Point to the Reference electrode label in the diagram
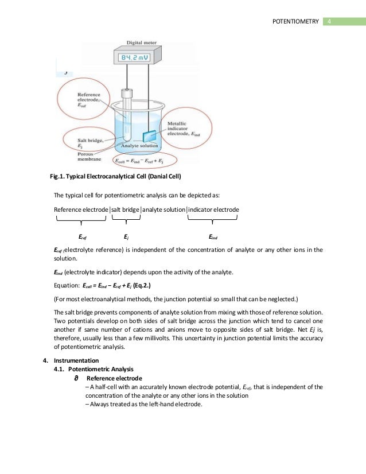coord(82,98)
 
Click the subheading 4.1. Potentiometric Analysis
coord(94,370)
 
